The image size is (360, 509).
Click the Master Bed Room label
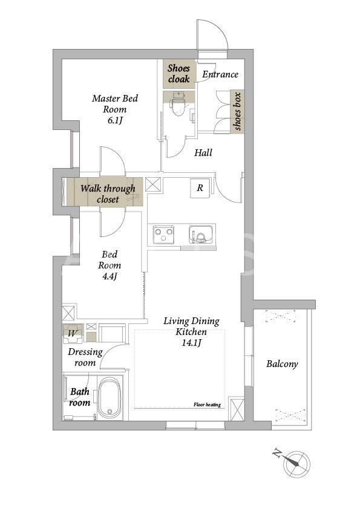(x=115, y=103)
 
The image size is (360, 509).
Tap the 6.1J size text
(x=115, y=121)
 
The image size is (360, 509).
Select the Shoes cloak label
(x=178, y=73)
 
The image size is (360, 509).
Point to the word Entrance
(x=220, y=74)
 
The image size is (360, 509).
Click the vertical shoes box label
(x=238, y=111)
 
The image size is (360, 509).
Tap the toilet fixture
(x=178, y=103)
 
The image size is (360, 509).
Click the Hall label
(x=203, y=152)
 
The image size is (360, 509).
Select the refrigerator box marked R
(x=200, y=188)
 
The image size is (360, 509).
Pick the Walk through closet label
(x=108, y=194)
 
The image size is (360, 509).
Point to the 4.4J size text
(x=110, y=276)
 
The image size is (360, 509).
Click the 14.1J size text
(x=191, y=343)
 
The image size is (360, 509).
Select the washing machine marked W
(x=73, y=334)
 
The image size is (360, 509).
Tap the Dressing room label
(x=85, y=357)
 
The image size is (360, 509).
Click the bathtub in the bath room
(x=111, y=398)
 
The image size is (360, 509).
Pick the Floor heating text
(x=207, y=404)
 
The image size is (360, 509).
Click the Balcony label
(x=282, y=364)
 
